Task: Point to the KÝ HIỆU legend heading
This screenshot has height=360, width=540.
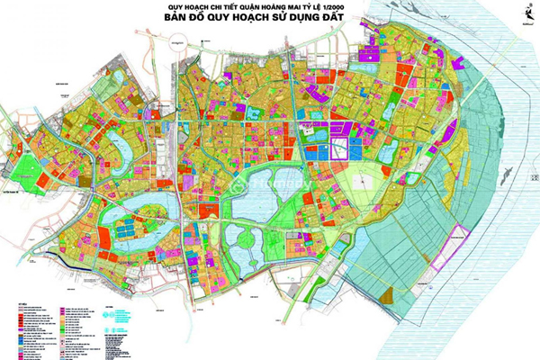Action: (18, 304)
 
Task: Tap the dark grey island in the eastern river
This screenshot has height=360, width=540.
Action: (509, 170)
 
